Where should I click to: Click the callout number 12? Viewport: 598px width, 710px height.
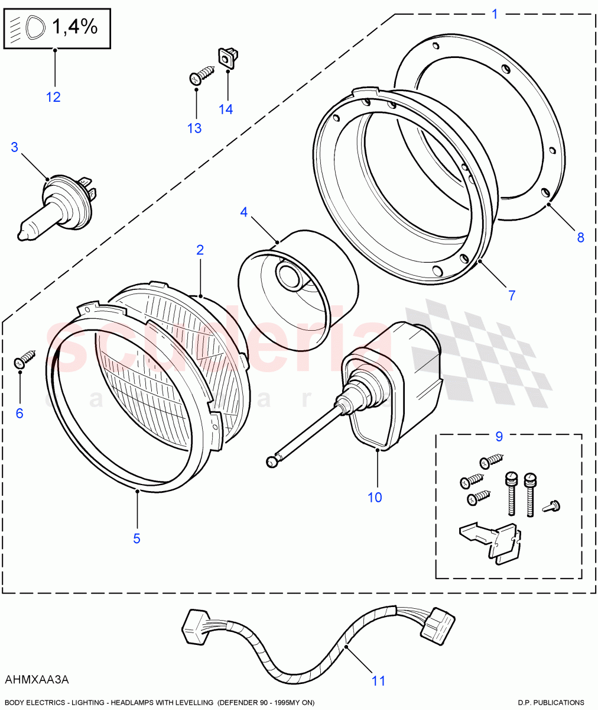click(x=53, y=97)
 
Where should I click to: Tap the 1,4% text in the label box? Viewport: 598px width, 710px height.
click(x=74, y=27)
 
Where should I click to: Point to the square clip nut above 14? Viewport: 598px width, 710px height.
click(x=227, y=57)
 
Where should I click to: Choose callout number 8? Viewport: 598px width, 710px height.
click(x=580, y=237)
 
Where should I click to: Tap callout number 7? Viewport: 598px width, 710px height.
click(x=512, y=295)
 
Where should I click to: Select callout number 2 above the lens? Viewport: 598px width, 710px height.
click(x=200, y=250)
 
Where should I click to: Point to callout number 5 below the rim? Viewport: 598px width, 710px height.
click(x=136, y=538)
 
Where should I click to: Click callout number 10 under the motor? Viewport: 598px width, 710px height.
click(x=375, y=497)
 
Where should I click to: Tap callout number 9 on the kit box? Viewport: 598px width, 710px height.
click(x=499, y=437)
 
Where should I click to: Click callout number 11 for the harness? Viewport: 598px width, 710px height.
click(x=378, y=681)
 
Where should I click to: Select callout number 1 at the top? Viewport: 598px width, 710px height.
click(x=495, y=14)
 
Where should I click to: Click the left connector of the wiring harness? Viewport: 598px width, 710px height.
click(x=195, y=624)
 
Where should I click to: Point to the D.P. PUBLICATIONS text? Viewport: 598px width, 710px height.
click(x=551, y=703)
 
